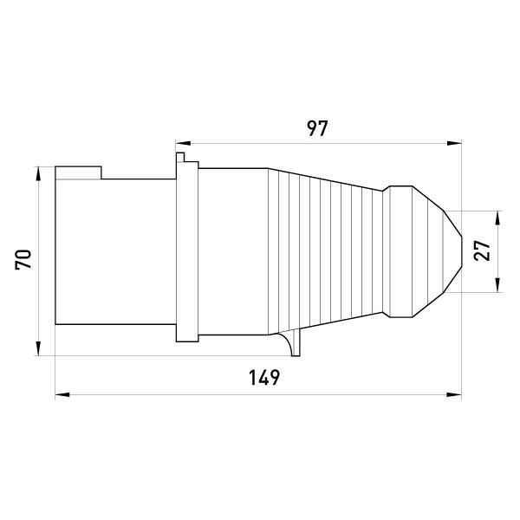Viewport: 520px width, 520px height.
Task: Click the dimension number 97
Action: [317, 128]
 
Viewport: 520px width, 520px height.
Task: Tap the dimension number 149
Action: [264, 378]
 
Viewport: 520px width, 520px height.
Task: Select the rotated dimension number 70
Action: [23, 258]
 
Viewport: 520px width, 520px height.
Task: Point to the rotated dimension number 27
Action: [482, 250]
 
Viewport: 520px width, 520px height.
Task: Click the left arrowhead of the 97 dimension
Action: [183, 143]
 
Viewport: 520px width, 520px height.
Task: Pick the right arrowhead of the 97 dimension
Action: [454, 143]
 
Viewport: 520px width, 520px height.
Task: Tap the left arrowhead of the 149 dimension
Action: [62, 394]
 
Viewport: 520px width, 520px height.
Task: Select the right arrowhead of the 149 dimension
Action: [454, 394]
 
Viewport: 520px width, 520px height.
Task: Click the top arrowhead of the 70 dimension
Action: [38, 174]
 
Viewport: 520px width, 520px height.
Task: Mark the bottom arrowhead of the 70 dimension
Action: [38, 348]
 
